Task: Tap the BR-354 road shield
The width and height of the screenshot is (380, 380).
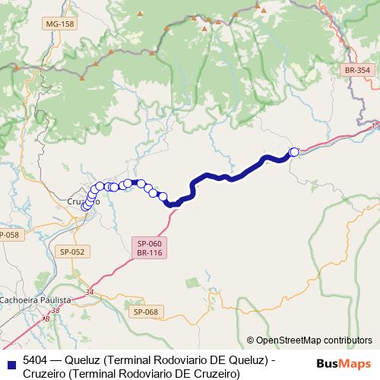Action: tap(356, 70)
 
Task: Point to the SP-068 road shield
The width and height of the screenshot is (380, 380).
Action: tap(144, 312)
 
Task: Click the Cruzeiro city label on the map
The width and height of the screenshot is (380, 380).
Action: tap(80, 201)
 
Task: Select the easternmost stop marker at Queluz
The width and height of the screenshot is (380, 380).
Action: tap(294, 152)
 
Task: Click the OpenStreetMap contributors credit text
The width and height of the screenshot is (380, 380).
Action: tap(313, 340)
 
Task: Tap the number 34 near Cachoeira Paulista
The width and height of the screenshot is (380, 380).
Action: tap(90, 292)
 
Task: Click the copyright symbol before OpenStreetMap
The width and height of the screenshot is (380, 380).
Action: tap(250, 340)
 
